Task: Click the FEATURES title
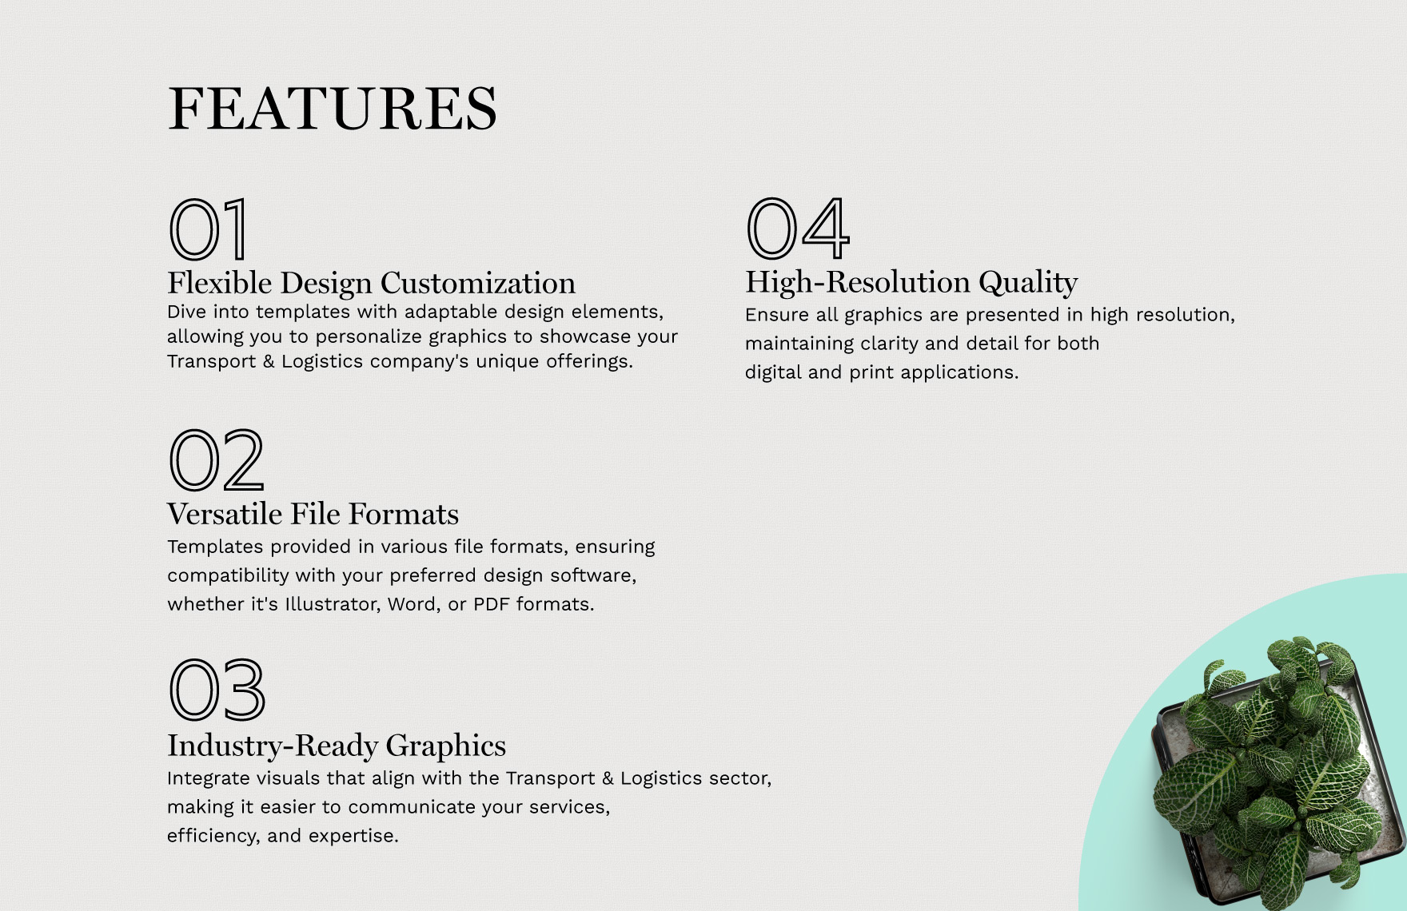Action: (333, 109)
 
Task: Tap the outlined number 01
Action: (209, 229)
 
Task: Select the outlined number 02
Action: (216, 459)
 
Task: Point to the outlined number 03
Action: (217, 690)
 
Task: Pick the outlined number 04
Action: (797, 229)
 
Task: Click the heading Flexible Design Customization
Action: (371, 283)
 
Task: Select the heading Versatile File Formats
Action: (313, 514)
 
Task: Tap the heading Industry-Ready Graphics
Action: (337, 746)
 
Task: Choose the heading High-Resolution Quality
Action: (911, 282)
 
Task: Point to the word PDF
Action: (492, 604)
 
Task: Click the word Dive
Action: (187, 312)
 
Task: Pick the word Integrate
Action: (208, 778)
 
